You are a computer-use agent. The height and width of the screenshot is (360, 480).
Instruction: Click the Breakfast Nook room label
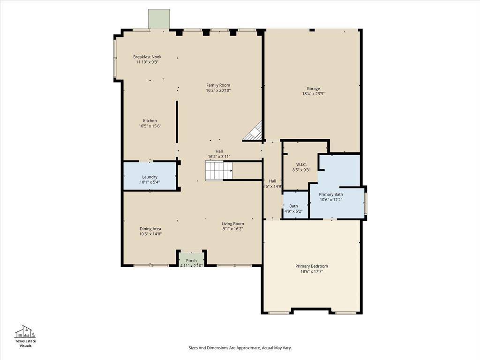[x=147, y=57]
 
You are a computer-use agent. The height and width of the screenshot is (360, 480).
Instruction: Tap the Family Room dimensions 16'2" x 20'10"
[x=218, y=90]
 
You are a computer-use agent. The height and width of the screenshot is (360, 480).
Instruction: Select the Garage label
[x=313, y=89]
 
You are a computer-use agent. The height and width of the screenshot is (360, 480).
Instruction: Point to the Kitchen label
[x=150, y=120]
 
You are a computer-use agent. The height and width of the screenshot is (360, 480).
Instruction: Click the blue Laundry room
[x=150, y=176]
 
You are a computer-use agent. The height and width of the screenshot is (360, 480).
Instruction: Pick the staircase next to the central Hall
[x=218, y=171]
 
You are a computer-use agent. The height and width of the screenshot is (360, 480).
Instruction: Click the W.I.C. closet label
[x=301, y=165]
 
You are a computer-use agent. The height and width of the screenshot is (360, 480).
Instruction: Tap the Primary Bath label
[x=331, y=195]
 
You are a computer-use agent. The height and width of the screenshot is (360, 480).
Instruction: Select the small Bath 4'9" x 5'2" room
[x=295, y=205]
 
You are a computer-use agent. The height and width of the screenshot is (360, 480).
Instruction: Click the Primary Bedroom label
[x=312, y=266]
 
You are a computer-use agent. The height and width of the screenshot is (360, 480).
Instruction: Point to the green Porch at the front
[x=192, y=260]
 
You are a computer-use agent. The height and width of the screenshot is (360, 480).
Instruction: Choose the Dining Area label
[x=150, y=229]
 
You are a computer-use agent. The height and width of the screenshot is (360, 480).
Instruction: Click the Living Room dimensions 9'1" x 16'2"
[x=232, y=229]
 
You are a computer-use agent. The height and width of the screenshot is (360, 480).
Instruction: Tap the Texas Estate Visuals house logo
[x=25, y=331]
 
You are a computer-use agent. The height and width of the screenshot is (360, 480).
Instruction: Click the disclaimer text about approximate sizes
[x=240, y=348]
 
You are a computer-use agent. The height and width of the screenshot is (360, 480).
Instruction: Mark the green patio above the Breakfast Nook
[x=159, y=19]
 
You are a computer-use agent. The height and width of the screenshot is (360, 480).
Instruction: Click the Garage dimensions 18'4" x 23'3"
[x=313, y=94]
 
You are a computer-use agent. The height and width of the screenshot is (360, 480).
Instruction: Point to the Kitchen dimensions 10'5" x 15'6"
[x=150, y=126]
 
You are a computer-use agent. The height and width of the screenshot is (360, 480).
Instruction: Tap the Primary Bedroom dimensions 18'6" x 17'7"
[x=312, y=271]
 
